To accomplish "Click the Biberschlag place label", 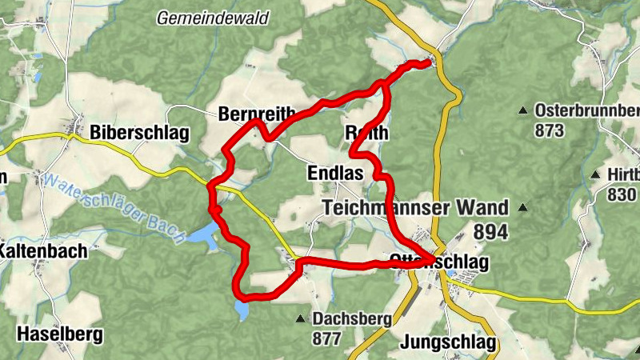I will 139,132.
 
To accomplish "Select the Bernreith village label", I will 257,114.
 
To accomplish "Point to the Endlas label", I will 334,173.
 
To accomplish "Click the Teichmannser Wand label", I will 414,208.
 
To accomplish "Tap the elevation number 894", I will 490,232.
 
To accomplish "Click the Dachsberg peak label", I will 352,319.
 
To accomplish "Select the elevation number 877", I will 327,338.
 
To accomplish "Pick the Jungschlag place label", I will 446,345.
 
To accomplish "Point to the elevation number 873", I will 550,130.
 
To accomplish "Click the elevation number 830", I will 622,194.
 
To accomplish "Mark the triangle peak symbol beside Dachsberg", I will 300,319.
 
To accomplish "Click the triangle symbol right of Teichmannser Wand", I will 522,208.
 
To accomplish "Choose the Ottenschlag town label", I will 438,262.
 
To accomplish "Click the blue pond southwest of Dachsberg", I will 242,310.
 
